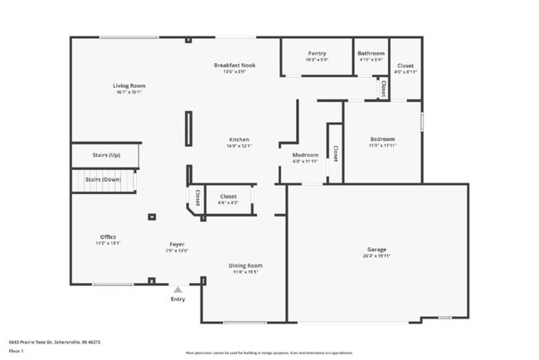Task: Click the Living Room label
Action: (129, 85)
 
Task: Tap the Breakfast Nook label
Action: (235, 65)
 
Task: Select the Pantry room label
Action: (317, 53)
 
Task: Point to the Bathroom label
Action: (371, 53)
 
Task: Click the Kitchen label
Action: (239, 139)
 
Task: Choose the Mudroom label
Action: (306, 155)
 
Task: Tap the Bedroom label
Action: (382, 139)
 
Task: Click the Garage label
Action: (377, 249)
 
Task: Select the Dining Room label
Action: (246, 265)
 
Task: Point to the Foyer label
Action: (177, 244)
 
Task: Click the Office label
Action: (108, 237)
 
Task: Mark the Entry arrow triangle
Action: (177, 289)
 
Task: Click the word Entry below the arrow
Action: (177, 299)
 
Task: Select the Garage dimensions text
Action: (377, 255)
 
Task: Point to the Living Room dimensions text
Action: (129, 92)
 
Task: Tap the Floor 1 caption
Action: (16, 351)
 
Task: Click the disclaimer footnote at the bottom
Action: (269, 352)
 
